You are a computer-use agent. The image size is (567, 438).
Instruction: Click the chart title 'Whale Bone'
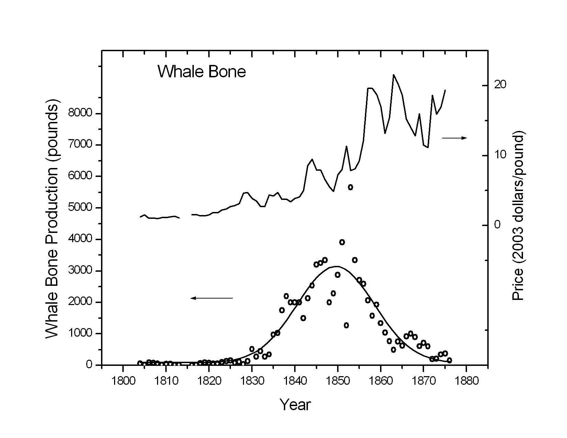(x=202, y=72)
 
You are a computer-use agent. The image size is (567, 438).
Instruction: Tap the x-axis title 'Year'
(x=295, y=405)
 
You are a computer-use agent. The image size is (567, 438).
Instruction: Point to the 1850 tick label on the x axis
(x=337, y=381)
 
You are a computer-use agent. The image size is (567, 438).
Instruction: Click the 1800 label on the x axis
(x=123, y=381)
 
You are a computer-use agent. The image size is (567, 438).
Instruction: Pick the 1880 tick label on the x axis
(x=466, y=381)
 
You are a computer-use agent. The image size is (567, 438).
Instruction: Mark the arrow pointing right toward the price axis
(x=454, y=138)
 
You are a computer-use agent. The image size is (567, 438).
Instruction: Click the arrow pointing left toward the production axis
(x=212, y=298)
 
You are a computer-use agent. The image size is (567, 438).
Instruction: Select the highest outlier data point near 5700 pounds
(x=350, y=187)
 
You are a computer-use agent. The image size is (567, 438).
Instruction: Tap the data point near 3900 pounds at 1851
(x=342, y=242)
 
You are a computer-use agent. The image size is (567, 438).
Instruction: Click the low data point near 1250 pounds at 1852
(x=346, y=325)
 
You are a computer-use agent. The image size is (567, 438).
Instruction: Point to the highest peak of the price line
(x=393, y=75)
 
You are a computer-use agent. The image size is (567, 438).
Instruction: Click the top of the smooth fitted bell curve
(x=337, y=266)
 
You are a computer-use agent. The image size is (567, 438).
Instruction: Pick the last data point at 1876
(x=449, y=360)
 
